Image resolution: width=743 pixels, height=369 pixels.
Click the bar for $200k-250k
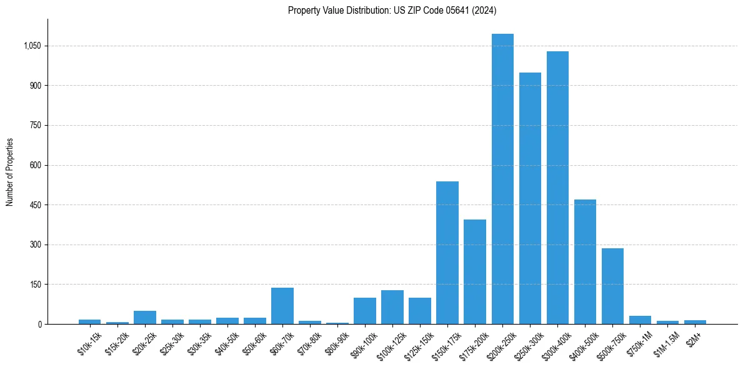[x=502, y=179]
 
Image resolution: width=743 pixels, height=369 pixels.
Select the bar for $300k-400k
[x=557, y=188]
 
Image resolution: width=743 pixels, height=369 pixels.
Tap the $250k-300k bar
[x=530, y=198]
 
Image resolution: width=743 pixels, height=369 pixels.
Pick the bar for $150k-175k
[x=447, y=253]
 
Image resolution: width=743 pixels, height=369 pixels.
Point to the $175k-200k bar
[x=475, y=272]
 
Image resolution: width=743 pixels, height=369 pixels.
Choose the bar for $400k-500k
[x=585, y=262]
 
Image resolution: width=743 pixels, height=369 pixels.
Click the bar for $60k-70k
[x=282, y=306]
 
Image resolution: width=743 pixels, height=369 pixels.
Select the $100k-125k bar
[x=392, y=307]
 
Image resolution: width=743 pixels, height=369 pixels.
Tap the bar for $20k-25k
[x=145, y=318]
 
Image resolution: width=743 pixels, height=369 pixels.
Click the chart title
[x=392, y=10]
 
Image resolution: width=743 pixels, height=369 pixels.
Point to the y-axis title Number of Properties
[x=10, y=171]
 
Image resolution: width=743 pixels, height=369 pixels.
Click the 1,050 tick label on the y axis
[x=32, y=46]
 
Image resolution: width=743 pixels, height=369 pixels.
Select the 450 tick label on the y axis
[x=35, y=205]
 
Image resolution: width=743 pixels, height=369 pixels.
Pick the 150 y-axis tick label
[x=35, y=285]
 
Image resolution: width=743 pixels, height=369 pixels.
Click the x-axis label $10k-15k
[x=89, y=343]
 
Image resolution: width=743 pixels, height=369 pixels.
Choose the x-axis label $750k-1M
[x=639, y=343]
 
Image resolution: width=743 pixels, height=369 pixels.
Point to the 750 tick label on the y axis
[x=35, y=126]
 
